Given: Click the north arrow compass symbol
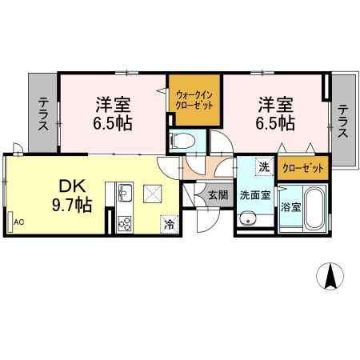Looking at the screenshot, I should tap(330, 278).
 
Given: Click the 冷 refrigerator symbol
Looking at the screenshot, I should tap(169, 225).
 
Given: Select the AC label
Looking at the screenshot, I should tap(18, 222).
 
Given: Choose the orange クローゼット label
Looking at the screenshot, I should tap(304, 168).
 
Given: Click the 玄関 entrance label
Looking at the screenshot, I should tap(218, 194).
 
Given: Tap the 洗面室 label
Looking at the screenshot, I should tap(254, 194).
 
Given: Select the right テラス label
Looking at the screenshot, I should tap(342, 121).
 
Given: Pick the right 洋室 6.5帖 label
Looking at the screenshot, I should tap(275, 114).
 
